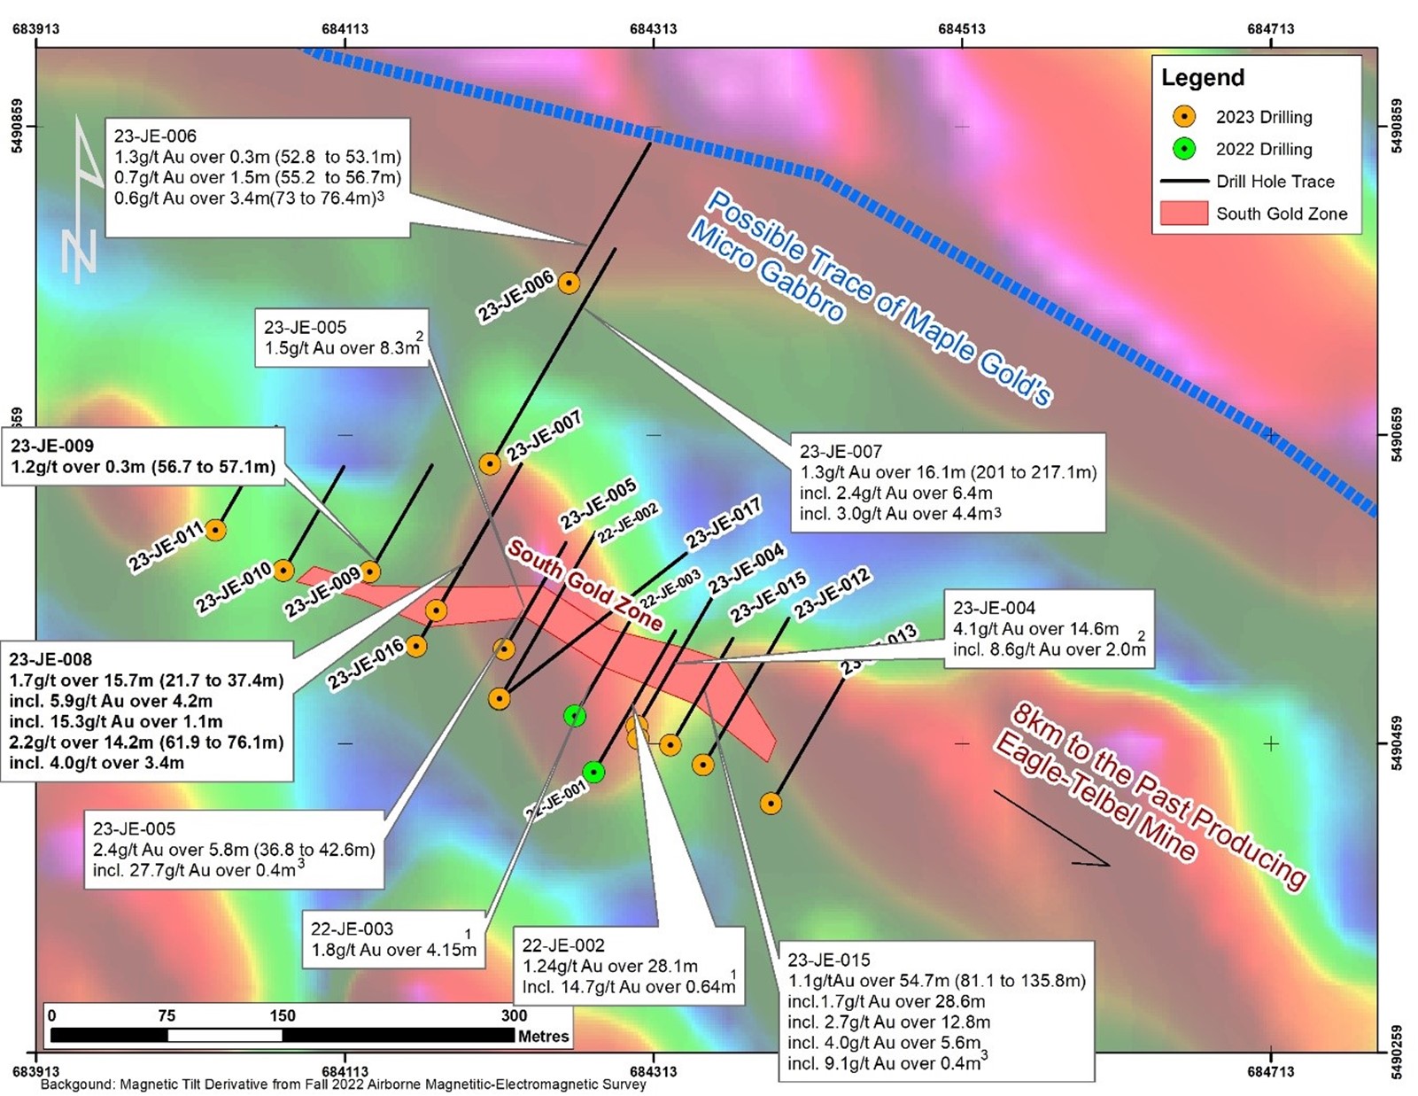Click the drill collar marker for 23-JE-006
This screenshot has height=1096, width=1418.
[x=569, y=284]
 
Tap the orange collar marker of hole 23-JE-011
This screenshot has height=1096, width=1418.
[x=215, y=531]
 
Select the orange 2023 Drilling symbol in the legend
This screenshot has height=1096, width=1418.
[x=1184, y=117]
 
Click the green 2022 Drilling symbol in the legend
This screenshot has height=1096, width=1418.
[x=1184, y=149]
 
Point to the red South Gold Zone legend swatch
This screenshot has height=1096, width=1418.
[x=1184, y=214]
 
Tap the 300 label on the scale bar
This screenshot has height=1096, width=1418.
[x=514, y=1015]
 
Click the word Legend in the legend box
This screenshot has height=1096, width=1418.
[x=1203, y=78]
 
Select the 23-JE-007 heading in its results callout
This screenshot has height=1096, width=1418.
[x=841, y=452]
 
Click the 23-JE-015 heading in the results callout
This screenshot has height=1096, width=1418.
[x=829, y=960]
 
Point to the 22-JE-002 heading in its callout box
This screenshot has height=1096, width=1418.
[x=562, y=945]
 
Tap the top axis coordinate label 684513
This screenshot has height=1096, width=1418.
[x=962, y=28]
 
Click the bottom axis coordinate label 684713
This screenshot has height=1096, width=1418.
[x=1271, y=1071]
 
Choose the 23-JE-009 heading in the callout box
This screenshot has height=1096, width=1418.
[x=52, y=446]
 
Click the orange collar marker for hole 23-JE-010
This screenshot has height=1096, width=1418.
[x=283, y=571]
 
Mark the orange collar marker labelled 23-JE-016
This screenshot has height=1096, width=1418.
[x=416, y=646]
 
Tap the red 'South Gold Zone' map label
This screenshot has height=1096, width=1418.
[x=585, y=586]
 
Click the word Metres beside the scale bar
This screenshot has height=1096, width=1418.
[x=544, y=1037]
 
